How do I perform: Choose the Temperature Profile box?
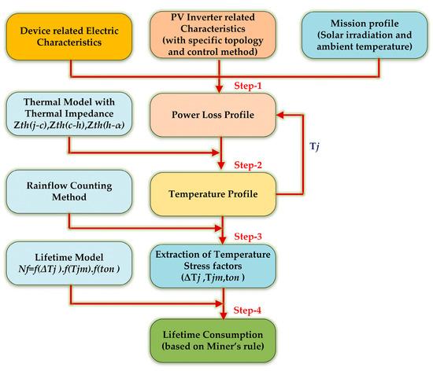[x=225, y=191]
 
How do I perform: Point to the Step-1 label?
[x=250, y=83]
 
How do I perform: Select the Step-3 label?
[x=250, y=236]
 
